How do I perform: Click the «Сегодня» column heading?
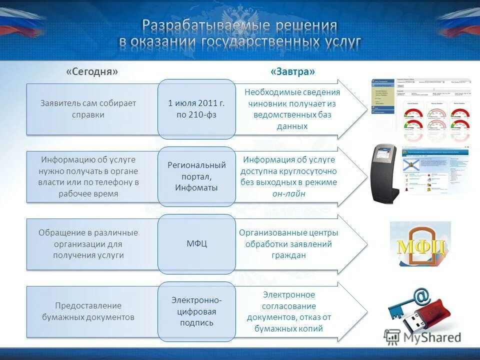(92, 71)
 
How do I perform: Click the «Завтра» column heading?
(293, 71)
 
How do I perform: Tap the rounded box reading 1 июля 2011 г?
(196, 109)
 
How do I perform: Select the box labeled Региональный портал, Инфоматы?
(196, 176)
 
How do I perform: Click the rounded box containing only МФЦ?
(196, 244)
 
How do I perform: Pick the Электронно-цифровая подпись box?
(196, 311)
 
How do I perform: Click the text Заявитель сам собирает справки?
(88, 109)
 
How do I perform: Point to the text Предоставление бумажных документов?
(88, 311)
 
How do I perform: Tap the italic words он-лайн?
(289, 194)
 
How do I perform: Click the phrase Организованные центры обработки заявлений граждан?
(288, 244)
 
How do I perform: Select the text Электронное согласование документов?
(289, 306)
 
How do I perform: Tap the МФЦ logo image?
(421, 245)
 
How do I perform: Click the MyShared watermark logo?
(423, 337)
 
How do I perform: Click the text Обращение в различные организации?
(88, 238)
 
